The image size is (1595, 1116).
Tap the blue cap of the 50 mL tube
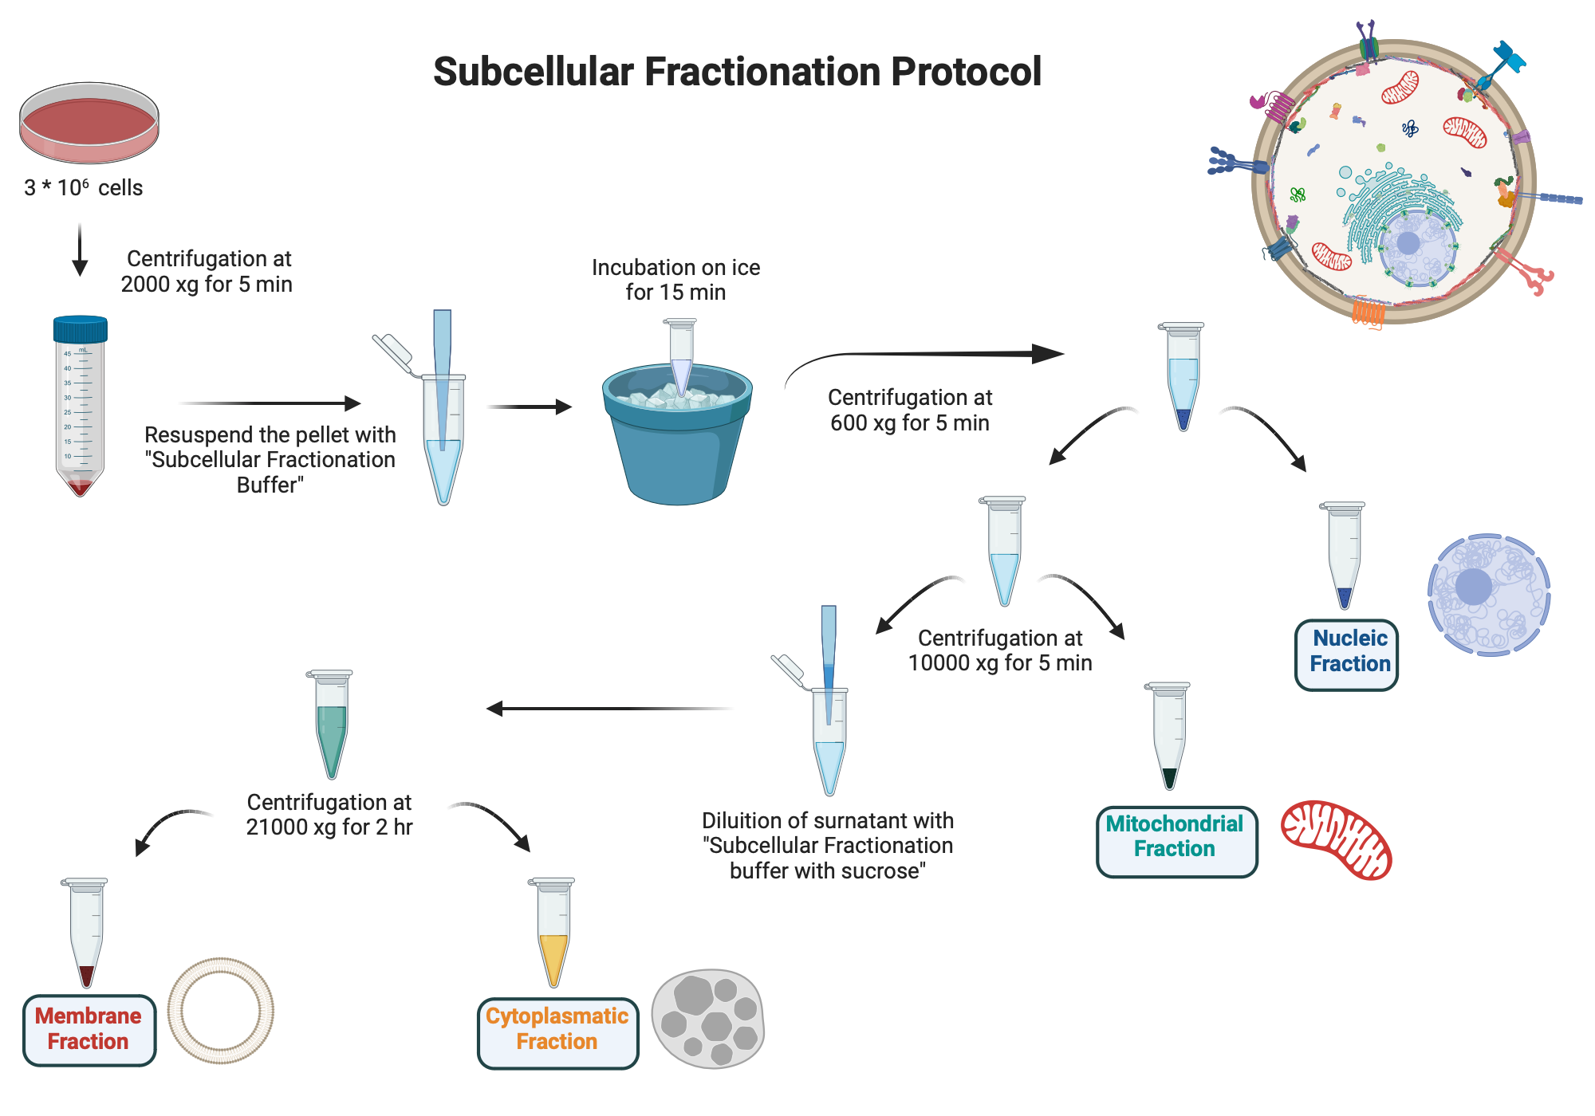80,329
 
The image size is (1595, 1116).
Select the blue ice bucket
676,442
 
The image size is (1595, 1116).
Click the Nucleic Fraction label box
1346,654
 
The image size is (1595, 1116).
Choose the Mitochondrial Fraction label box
1176,841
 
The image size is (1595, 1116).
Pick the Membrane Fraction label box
89,1029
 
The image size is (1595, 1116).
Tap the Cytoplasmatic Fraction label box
557,1032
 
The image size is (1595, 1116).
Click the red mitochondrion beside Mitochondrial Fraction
1336,839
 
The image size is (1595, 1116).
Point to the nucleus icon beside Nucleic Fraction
1487,595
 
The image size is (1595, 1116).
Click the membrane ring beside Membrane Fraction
221,1010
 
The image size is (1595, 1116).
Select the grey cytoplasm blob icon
707,1018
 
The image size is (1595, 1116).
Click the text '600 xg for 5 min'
909,423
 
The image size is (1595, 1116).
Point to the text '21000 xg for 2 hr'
329,827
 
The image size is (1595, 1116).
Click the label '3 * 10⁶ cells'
83,188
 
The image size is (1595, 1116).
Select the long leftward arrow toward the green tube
606,708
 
